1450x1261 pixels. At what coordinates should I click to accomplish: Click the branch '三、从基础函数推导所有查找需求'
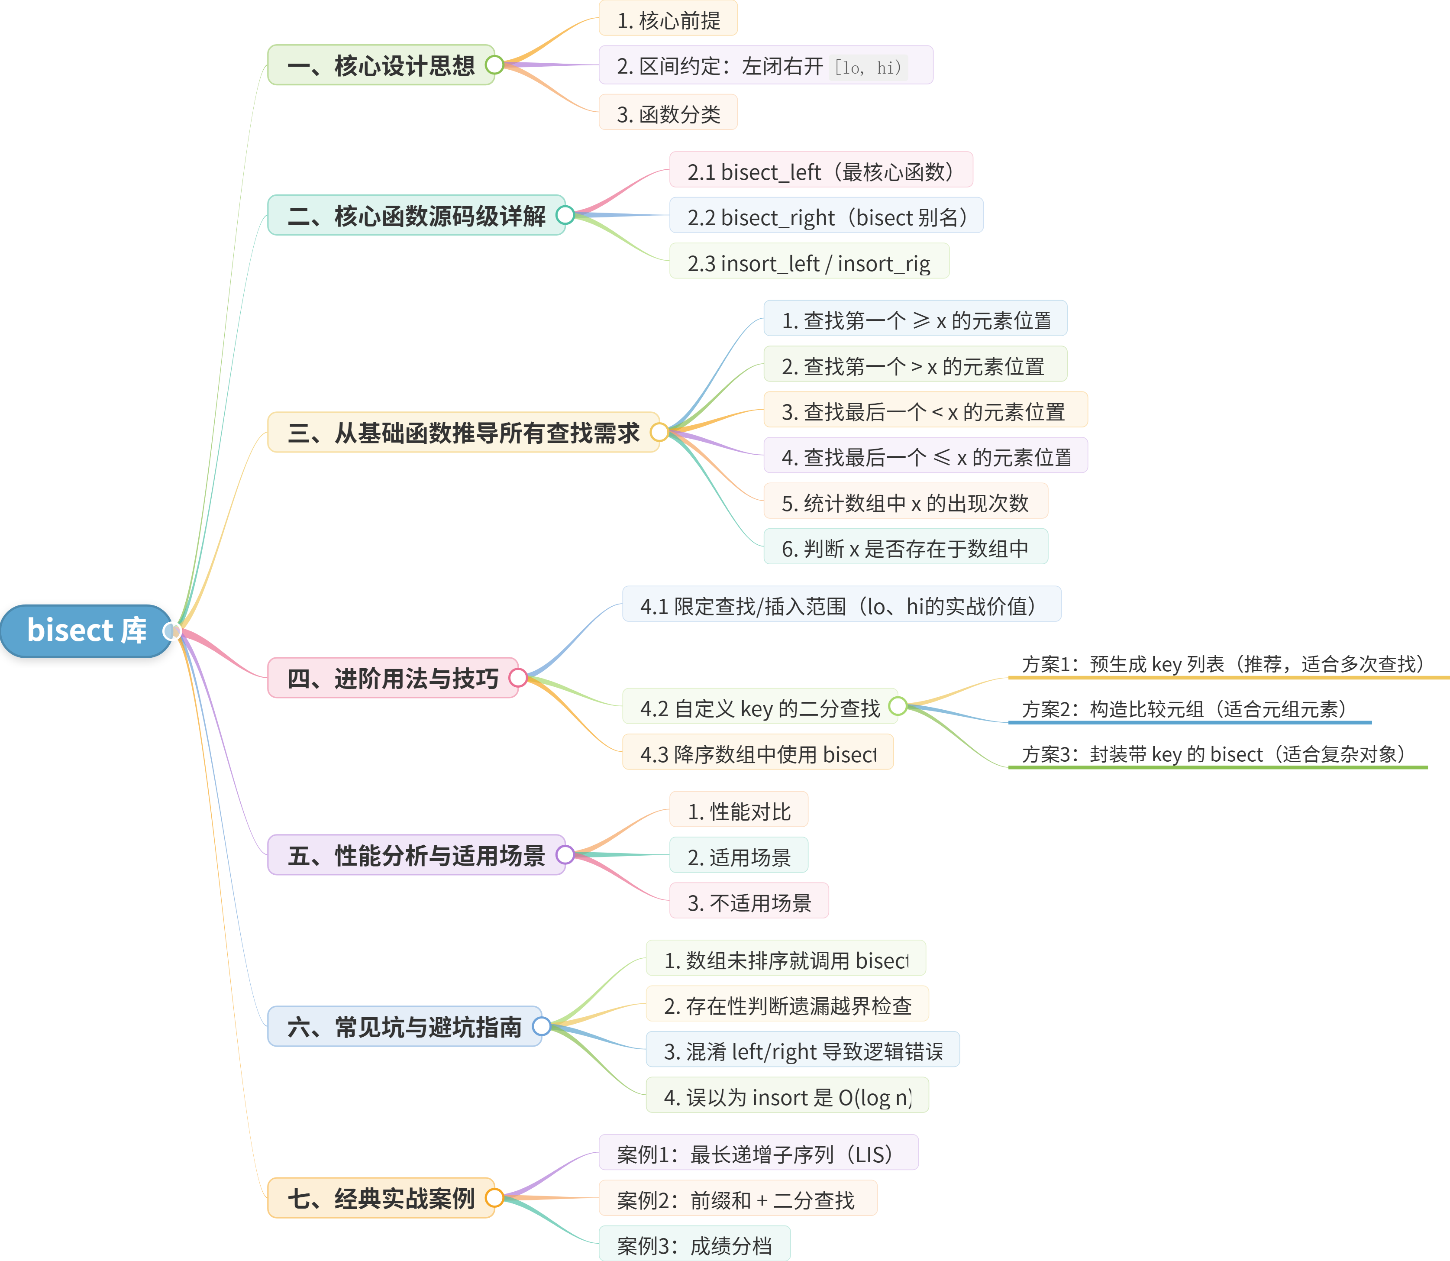point(463,432)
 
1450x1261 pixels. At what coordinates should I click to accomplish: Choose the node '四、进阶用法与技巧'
point(393,678)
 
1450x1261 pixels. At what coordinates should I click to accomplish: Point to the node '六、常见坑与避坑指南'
point(404,1027)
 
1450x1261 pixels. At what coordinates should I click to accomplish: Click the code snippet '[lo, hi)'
point(868,68)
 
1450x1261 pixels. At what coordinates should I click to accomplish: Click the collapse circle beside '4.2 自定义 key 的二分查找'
point(898,706)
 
